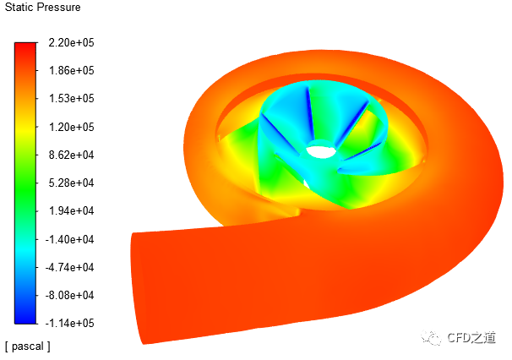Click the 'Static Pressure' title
[x=42, y=8]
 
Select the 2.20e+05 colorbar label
[x=71, y=42]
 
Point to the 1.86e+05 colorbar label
[x=71, y=70]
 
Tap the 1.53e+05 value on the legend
[x=71, y=98]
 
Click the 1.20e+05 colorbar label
[x=71, y=127]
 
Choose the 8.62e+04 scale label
[x=71, y=155]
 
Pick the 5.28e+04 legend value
[x=71, y=183]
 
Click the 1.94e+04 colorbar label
[x=71, y=210]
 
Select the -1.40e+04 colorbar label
[x=69, y=239]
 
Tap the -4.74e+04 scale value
[x=69, y=267]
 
